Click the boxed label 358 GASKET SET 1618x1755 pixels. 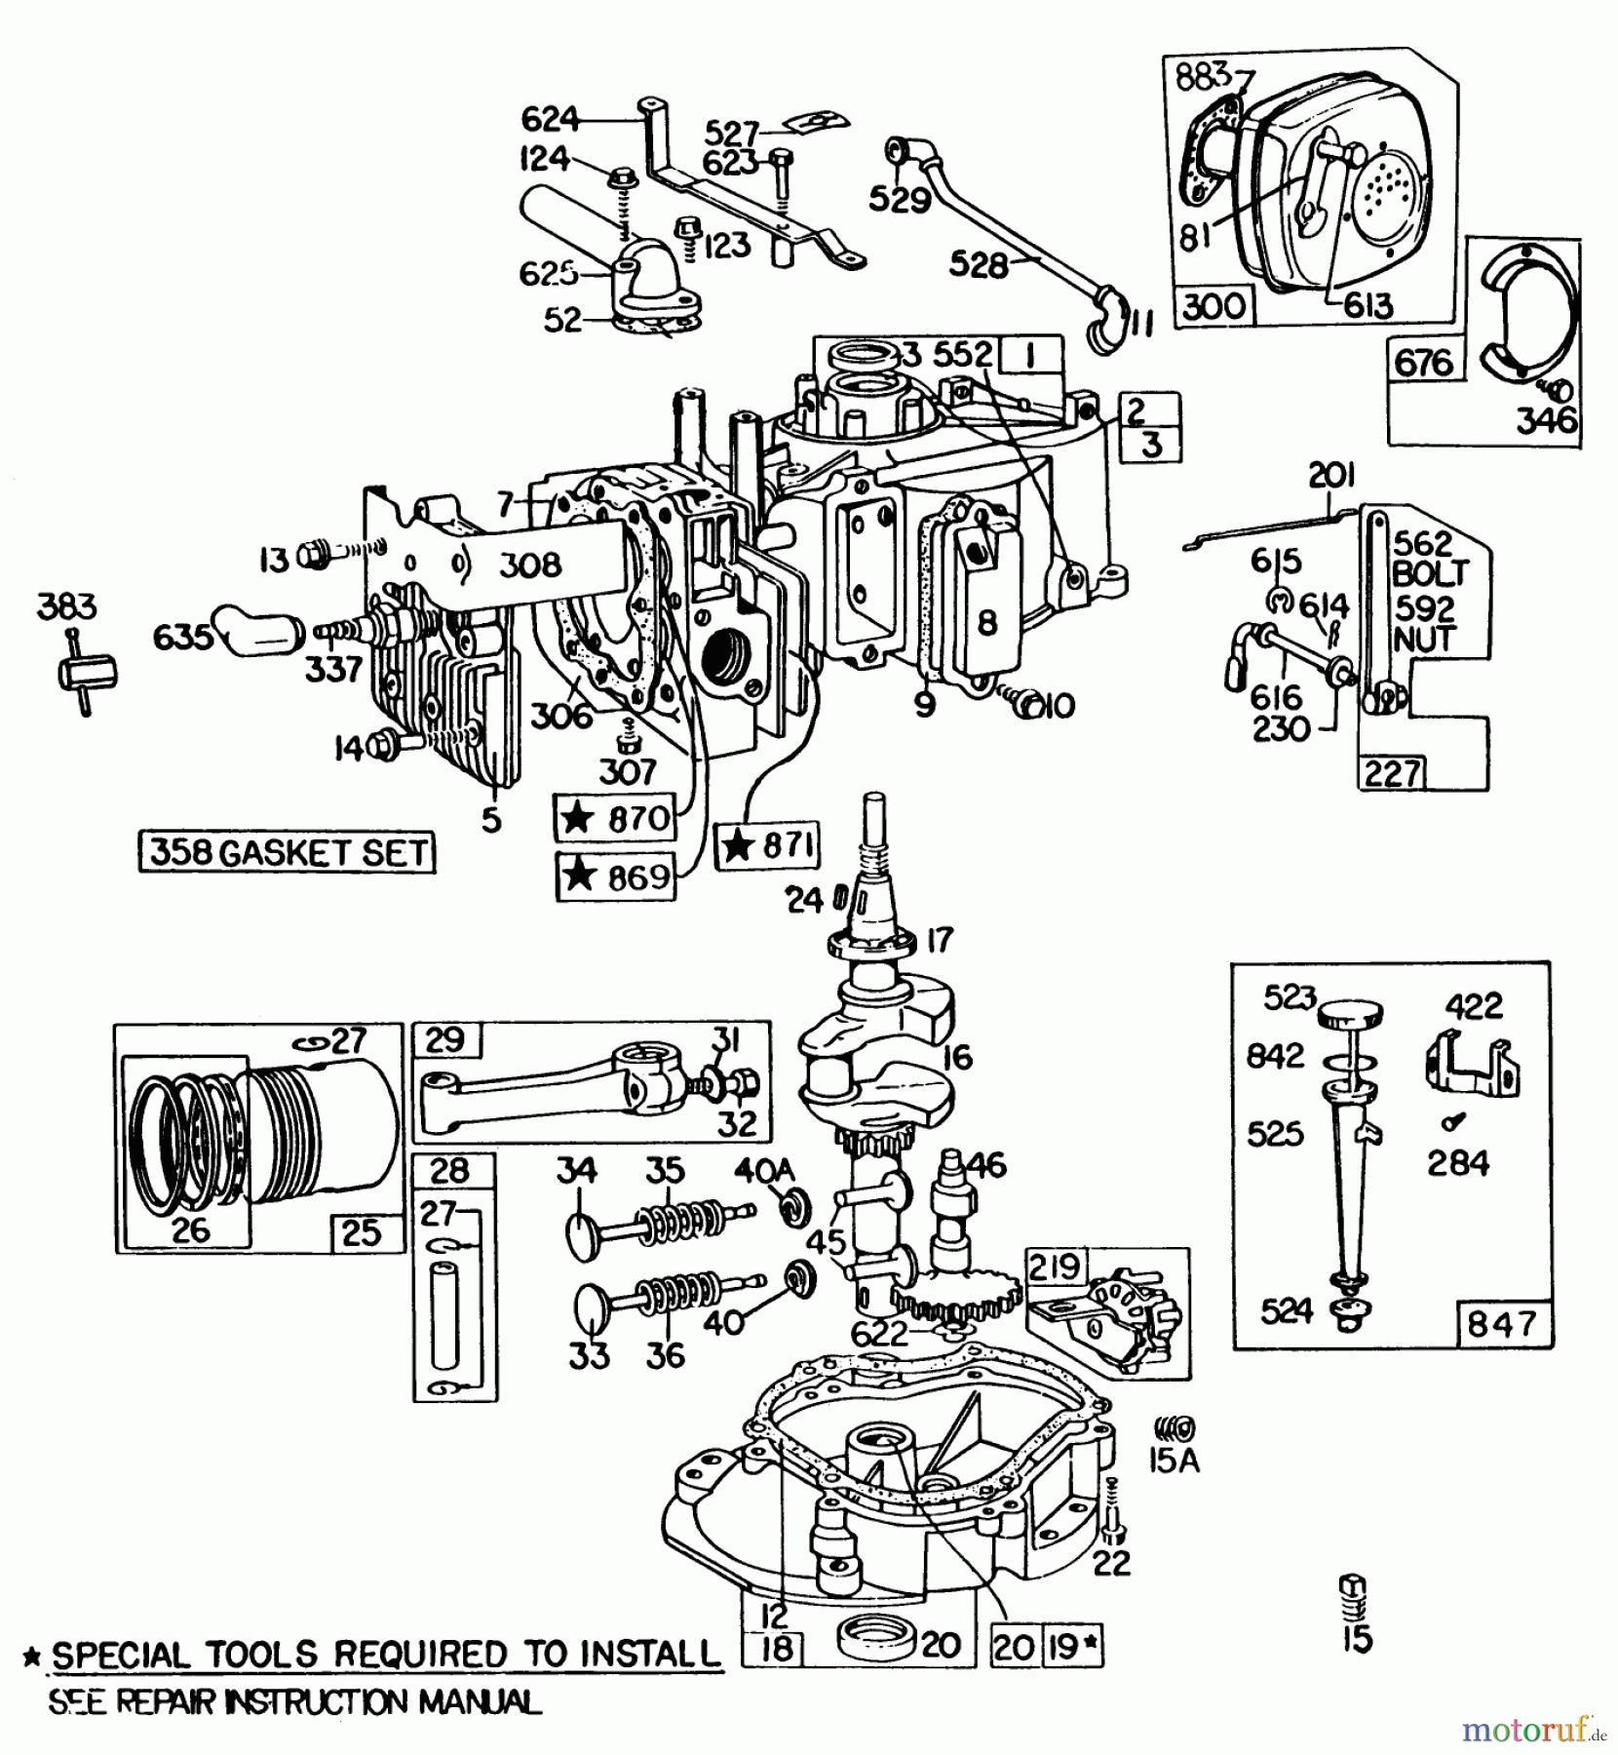click(x=288, y=852)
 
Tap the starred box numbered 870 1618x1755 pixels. click(x=615, y=817)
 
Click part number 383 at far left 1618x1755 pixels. click(x=67, y=606)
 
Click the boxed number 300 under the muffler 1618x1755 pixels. click(x=1213, y=306)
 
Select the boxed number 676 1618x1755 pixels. click(x=1424, y=363)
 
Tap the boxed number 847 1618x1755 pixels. click(x=1501, y=1324)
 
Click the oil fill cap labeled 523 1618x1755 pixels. click(x=1351, y=1014)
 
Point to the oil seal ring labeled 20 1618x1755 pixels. click(x=875, y=1639)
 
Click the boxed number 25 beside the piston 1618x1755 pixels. click(x=361, y=1232)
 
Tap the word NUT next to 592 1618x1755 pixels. click(x=1424, y=640)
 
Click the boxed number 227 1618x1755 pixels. click(x=1391, y=773)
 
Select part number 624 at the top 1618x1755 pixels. click(x=550, y=119)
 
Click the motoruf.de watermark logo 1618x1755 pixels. click(x=1531, y=1729)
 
